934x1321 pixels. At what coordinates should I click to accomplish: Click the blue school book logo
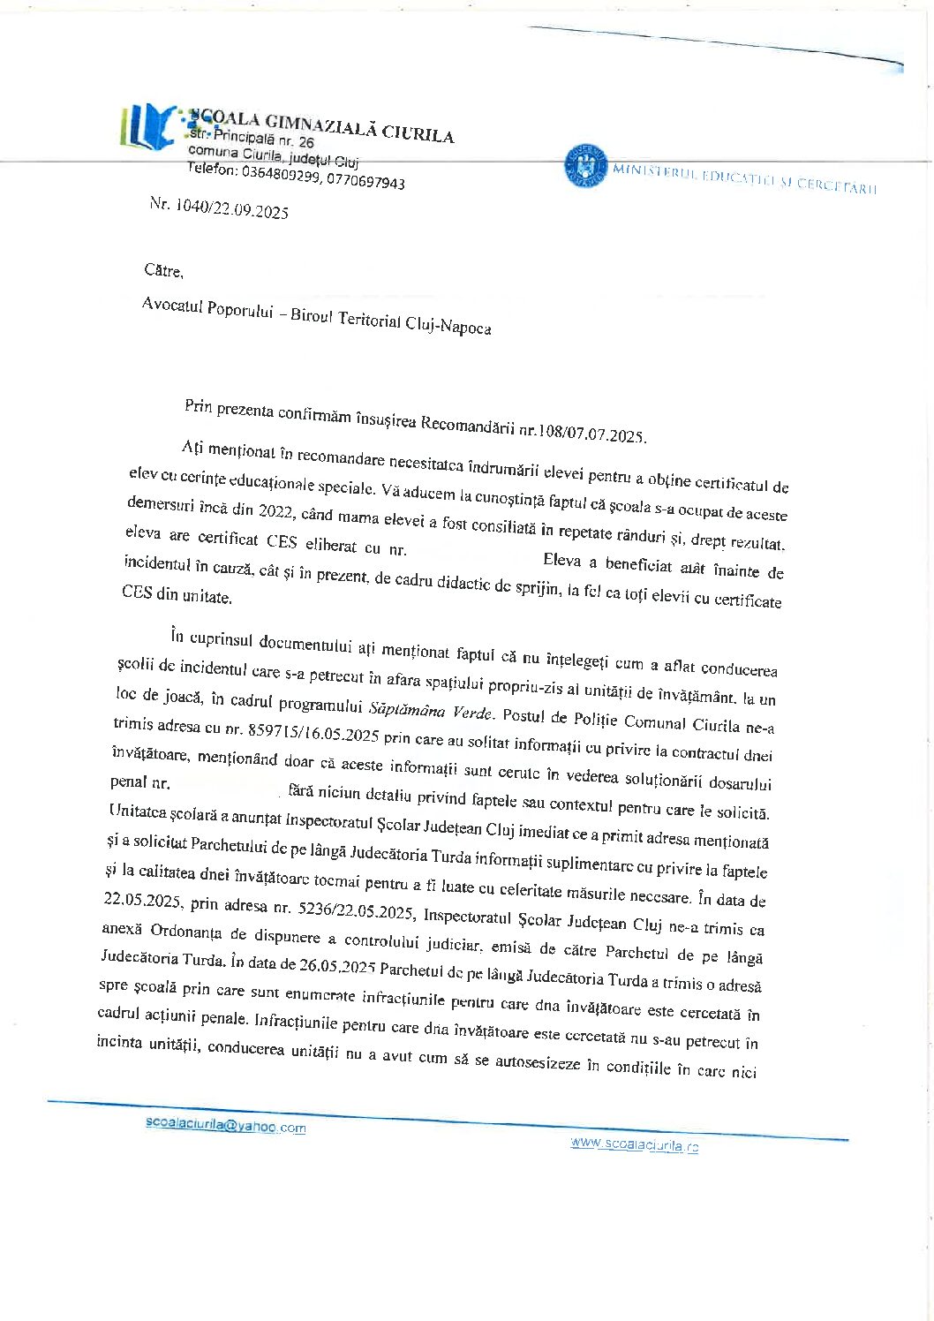[148, 125]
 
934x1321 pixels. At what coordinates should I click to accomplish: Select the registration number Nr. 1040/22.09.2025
[219, 208]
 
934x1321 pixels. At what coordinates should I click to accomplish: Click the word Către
[164, 271]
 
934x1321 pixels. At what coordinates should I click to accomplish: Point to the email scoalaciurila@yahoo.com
[226, 1126]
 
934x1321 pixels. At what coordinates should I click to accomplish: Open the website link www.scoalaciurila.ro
[634, 1144]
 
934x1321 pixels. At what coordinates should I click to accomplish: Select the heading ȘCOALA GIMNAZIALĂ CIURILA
[322, 127]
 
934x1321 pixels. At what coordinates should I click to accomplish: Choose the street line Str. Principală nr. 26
[252, 139]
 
